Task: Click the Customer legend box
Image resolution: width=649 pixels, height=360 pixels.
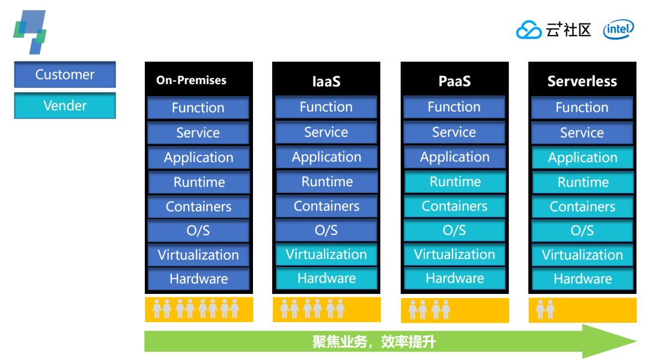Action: (x=65, y=75)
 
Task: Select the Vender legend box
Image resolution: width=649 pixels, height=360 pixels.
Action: (x=65, y=106)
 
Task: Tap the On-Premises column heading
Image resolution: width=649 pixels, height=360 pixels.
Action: (x=191, y=80)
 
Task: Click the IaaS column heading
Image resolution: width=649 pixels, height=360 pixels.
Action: (x=326, y=81)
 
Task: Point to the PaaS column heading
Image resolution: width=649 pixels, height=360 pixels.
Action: (x=454, y=81)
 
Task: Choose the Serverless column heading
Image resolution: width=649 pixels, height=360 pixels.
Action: (x=582, y=81)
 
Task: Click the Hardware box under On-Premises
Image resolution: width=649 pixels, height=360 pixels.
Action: (x=198, y=279)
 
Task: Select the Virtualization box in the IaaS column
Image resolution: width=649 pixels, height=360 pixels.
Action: (x=326, y=254)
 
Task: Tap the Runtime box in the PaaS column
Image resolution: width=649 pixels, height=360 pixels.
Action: (x=455, y=182)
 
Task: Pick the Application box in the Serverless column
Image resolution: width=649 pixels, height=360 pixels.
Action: (x=582, y=157)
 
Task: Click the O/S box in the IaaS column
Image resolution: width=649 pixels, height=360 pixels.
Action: (x=326, y=230)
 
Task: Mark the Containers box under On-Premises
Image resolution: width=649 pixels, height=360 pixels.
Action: (x=198, y=207)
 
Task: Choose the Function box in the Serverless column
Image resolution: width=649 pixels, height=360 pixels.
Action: (x=582, y=108)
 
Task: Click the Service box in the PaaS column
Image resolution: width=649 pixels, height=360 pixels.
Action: (x=454, y=132)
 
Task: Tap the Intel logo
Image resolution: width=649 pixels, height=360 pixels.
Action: (x=618, y=29)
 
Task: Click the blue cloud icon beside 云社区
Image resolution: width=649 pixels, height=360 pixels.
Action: (x=529, y=30)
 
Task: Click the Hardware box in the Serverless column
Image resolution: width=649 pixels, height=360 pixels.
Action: (x=582, y=279)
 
